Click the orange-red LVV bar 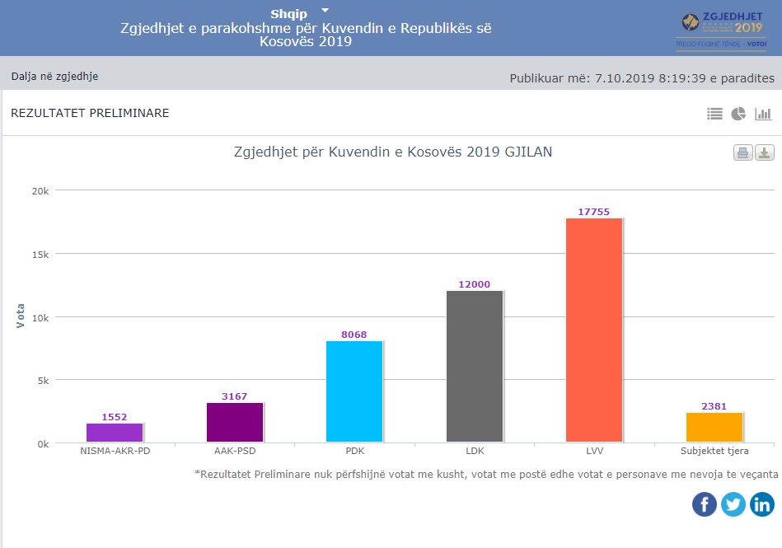click(x=594, y=330)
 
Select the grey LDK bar click(x=475, y=367)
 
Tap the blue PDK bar click(x=354, y=391)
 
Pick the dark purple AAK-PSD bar click(x=235, y=422)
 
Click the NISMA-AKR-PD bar click(x=115, y=433)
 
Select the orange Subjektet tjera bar click(x=714, y=428)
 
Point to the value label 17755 click(x=594, y=212)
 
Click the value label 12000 click(x=475, y=284)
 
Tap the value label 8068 click(x=354, y=335)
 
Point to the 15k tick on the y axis click(x=40, y=254)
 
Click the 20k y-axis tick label click(x=40, y=190)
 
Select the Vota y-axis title click(x=21, y=316)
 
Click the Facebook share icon click(x=705, y=504)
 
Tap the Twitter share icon click(x=733, y=504)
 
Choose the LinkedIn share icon click(x=762, y=504)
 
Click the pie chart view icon click(x=738, y=114)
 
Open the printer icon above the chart click(x=742, y=152)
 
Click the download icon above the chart click(x=765, y=152)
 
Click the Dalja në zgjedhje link click(x=54, y=77)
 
